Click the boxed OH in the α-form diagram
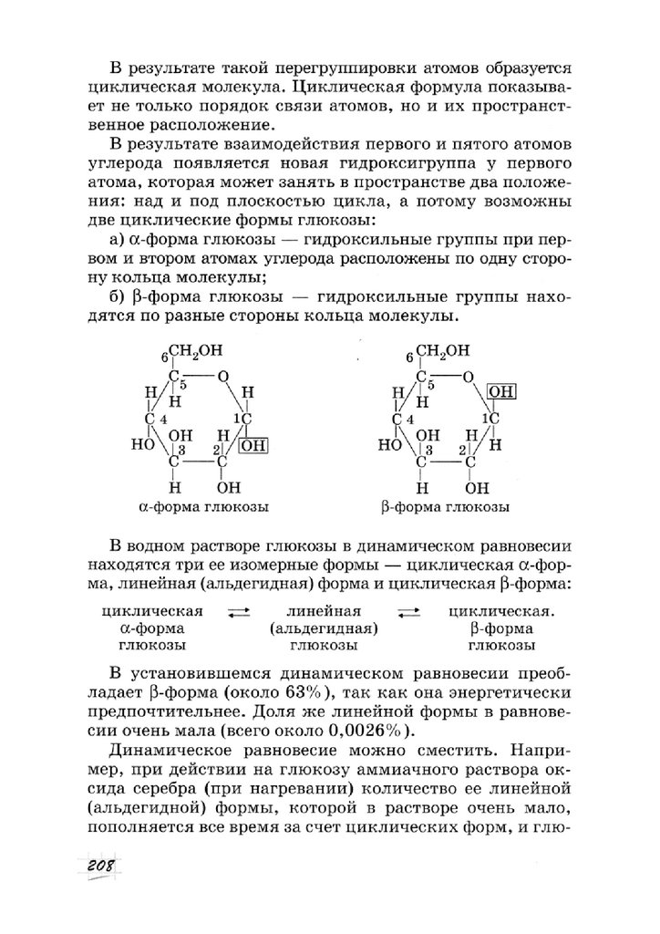tap(252, 446)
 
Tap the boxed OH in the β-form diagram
tap(500, 393)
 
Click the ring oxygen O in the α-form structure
tap(220, 374)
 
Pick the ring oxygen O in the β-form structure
tap(468, 374)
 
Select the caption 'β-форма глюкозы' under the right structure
tap(445, 507)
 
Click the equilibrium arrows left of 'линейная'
tap(237, 612)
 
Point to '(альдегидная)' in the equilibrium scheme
tap(324, 628)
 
